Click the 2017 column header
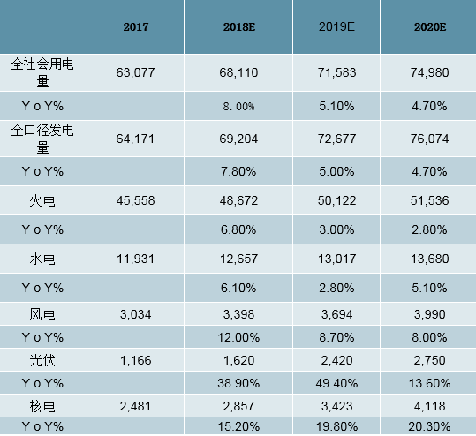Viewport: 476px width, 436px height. (135, 27)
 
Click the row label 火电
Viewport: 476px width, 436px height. (43, 200)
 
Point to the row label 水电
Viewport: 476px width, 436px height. (43, 258)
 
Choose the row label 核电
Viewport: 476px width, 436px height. (43, 405)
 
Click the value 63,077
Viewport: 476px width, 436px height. (135, 72)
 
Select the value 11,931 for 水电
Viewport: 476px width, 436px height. (135, 258)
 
